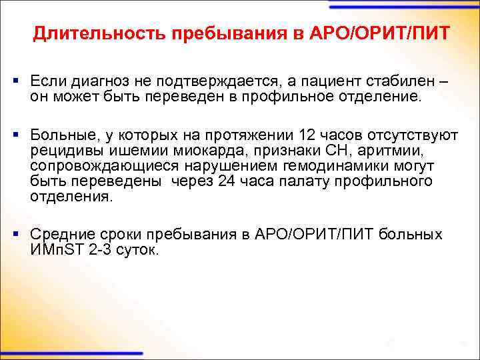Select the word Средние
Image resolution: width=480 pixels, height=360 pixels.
pos(61,235)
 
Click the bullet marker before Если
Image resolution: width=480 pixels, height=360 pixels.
pos(15,81)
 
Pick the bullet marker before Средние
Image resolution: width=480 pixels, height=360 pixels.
pos(15,235)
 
